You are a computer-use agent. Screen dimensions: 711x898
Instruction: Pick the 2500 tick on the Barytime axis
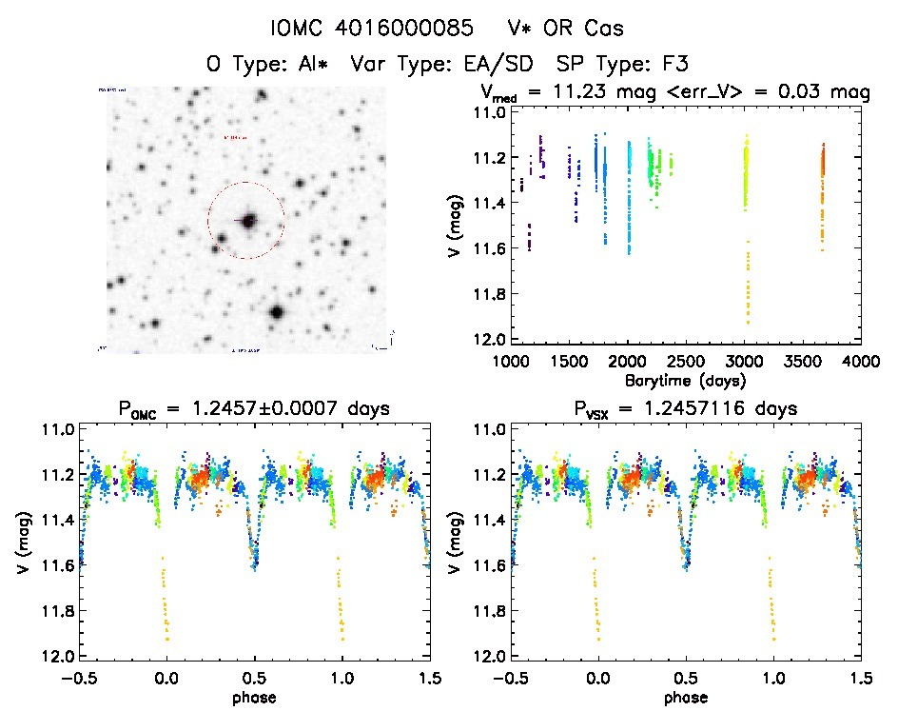tap(686, 362)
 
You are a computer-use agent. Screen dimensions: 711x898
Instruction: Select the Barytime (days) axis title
tap(684, 380)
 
